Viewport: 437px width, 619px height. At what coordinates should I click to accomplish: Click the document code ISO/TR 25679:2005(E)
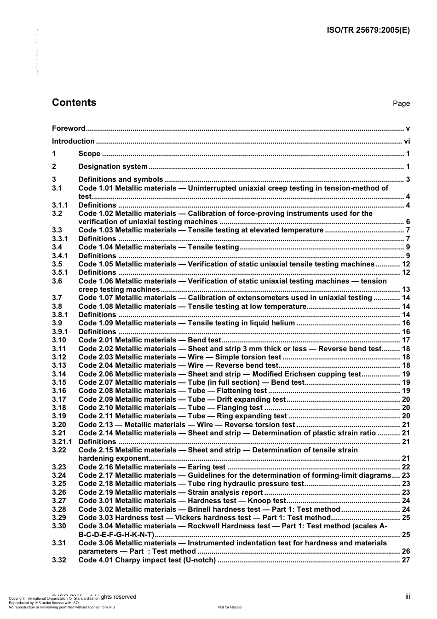(x=368, y=30)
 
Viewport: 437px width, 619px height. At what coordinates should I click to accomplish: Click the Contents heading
(x=74, y=103)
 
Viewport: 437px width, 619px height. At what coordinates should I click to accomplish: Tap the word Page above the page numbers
(x=401, y=104)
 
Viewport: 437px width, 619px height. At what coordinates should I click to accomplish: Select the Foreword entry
(x=69, y=128)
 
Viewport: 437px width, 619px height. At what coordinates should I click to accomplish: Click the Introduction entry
(x=73, y=141)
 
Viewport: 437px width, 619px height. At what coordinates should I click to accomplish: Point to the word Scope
(x=89, y=154)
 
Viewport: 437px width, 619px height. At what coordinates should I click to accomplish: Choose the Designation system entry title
(x=113, y=167)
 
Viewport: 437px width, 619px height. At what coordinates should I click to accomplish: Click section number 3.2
(x=57, y=214)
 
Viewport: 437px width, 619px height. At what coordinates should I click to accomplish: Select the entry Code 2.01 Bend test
(x=150, y=340)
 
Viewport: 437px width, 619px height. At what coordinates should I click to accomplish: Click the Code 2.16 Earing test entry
(x=152, y=467)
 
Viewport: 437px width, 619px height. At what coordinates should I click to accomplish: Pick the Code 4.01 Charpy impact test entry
(x=147, y=560)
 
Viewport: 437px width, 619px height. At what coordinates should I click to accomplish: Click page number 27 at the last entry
(x=405, y=560)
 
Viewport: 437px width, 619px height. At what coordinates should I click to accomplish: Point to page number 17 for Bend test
(x=405, y=340)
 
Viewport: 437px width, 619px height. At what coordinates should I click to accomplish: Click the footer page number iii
(x=408, y=596)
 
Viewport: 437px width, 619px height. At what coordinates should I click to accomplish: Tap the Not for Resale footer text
(x=230, y=607)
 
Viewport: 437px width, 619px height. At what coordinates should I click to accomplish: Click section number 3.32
(x=59, y=560)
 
